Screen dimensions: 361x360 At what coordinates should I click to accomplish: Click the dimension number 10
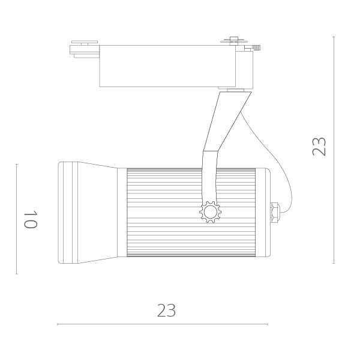click(31, 220)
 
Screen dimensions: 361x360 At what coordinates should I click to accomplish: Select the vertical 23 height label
click(319, 147)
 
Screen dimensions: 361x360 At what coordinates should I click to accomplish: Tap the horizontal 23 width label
click(166, 310)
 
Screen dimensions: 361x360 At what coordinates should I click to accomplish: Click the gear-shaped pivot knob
click(210, 213)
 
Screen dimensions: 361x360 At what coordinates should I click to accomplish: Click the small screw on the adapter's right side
click(256, 47)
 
